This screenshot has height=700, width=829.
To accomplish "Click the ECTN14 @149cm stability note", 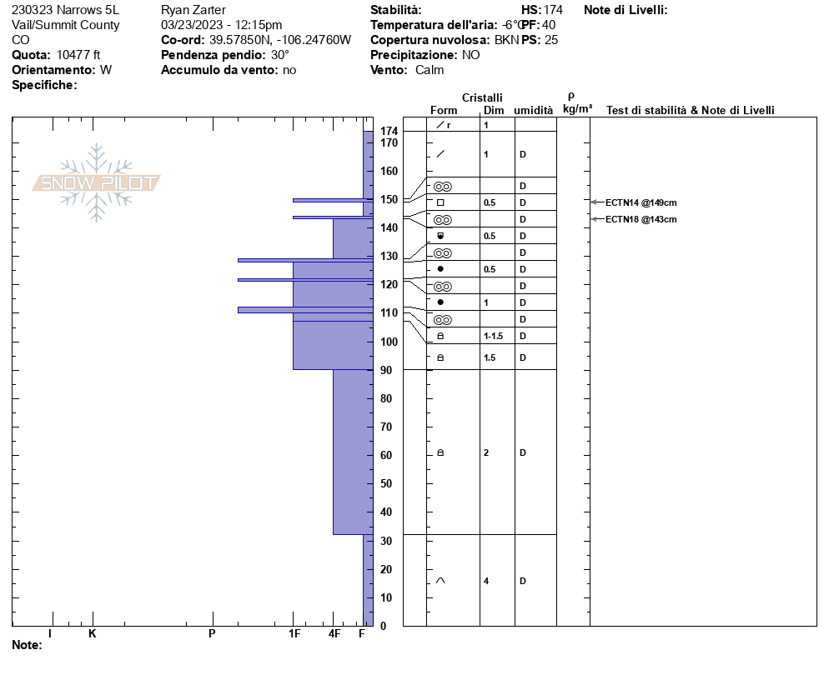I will [641, 202].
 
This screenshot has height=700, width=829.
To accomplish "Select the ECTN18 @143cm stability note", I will [641, 219].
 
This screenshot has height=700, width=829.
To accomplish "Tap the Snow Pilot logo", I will [97, 182].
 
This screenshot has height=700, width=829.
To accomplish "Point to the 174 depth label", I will [389, 132].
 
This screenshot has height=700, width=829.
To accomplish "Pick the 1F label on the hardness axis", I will [294, 634].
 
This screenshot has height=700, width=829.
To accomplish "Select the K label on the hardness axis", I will [93, 634].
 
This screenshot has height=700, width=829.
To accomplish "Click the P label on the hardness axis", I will [212, 634].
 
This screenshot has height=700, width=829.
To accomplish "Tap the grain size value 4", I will [486, 581].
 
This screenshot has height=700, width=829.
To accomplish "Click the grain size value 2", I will [486, 452].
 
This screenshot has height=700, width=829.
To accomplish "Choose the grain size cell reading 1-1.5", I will [493, 336].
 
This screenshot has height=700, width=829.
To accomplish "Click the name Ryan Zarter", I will [193, 10].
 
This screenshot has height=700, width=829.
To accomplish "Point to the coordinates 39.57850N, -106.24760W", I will [280, 40].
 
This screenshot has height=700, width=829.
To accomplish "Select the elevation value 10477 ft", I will [78, 55].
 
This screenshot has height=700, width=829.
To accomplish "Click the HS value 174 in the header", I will [553, 10].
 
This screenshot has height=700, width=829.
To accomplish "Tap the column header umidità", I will [533, 110].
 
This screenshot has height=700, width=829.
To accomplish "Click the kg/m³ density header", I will [577, 109].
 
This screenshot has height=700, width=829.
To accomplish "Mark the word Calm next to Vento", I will [430, 70].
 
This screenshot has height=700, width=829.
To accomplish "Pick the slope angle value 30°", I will [280, 55].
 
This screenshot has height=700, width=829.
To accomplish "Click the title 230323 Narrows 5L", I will [66, 10].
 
